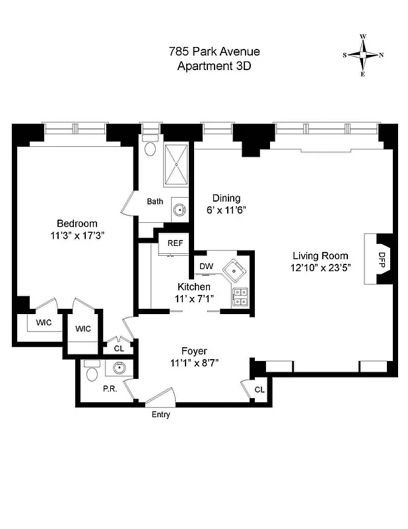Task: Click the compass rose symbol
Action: coord(363,56)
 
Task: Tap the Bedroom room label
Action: coord(77,223)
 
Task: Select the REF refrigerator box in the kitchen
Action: coord(175,243)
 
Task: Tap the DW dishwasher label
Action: coord(205,266)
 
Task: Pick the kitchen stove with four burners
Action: coord(240,297)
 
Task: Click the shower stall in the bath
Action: coord(176,164)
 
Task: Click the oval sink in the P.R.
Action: coord(119,369)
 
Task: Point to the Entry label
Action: coord(160,415)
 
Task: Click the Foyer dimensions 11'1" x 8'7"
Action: coord(195,362)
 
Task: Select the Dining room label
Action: coord(226,198)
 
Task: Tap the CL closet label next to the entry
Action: coord(259,389)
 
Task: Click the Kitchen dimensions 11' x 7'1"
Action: coord(193,298)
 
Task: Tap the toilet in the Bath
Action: coord(151,147)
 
